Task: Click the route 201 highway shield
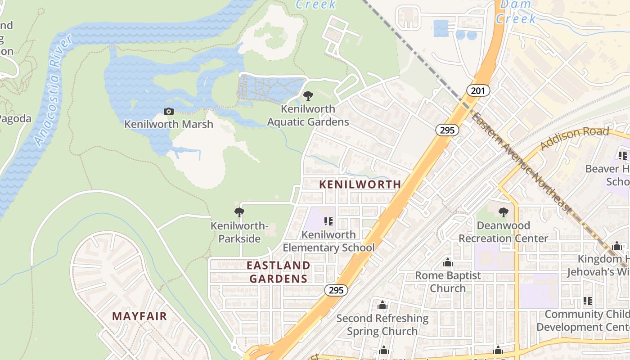tap(478, 90)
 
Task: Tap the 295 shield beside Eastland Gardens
tap(336, 290)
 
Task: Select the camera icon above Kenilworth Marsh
tap(169, 111)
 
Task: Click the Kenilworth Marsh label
tap(169, 124)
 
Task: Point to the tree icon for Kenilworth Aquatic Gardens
tap(308, 95)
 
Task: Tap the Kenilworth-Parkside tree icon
tap(239, 212)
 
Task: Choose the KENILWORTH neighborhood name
tap(360, 184)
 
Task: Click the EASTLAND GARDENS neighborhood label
tap(279, 272)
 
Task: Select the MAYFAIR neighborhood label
tap(139, 316)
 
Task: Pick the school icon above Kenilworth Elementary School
tap(328, 221)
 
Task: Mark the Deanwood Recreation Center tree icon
tap(503, 212)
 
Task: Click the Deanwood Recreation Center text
tap(503, 232)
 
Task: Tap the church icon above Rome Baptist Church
tap(448, 262)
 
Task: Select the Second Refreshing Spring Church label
tap(382, 324)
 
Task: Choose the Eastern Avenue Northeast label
tap(522, 164)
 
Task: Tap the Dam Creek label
tap(516, 12)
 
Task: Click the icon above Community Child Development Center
tap(587, 301)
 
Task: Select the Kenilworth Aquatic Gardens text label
tap(308, 115)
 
